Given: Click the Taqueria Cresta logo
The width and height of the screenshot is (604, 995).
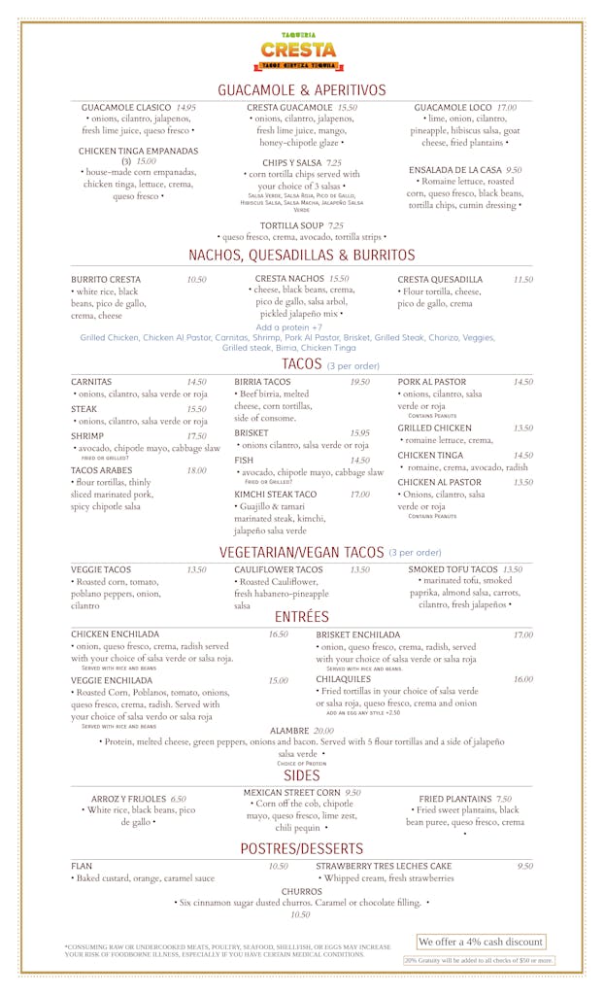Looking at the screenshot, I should click(x=299, y=51).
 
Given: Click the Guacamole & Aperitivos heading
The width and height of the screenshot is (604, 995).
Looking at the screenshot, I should click(x=301, y=89).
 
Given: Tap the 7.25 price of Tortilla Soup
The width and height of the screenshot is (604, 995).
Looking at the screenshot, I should click(x=336, y=225).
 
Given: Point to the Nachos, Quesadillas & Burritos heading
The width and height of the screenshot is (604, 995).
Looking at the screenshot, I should click(x=301, y=256).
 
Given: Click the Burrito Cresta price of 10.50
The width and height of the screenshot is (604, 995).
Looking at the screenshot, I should click(x=196, y=280).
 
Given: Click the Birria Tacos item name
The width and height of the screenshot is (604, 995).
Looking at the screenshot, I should click(x=262, y=382).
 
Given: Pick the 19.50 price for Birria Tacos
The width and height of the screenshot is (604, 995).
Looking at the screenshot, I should click(x=359, y=382).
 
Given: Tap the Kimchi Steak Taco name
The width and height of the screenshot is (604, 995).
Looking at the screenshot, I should click(x=275, y=495).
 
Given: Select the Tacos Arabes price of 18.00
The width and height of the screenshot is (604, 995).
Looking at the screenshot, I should click(x=196, y=470).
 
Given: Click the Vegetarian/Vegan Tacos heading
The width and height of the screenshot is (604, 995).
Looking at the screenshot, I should click(x=302, y=552).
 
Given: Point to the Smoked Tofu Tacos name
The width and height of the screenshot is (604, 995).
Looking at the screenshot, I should click(x=453, y=569).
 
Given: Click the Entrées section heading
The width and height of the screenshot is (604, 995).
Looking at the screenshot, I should click(x=301, y=617).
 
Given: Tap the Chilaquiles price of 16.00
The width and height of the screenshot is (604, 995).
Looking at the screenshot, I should click(x=522, y=680).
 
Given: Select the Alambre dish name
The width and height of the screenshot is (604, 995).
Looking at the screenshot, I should click(x=289, y=730).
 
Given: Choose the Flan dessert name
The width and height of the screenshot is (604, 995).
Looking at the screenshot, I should click(x=82, y=866).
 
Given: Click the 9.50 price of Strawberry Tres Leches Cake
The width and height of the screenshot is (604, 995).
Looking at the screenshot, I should click(x=524, y=866).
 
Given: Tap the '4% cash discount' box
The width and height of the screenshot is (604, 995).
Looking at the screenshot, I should click(x=480, y=942).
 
